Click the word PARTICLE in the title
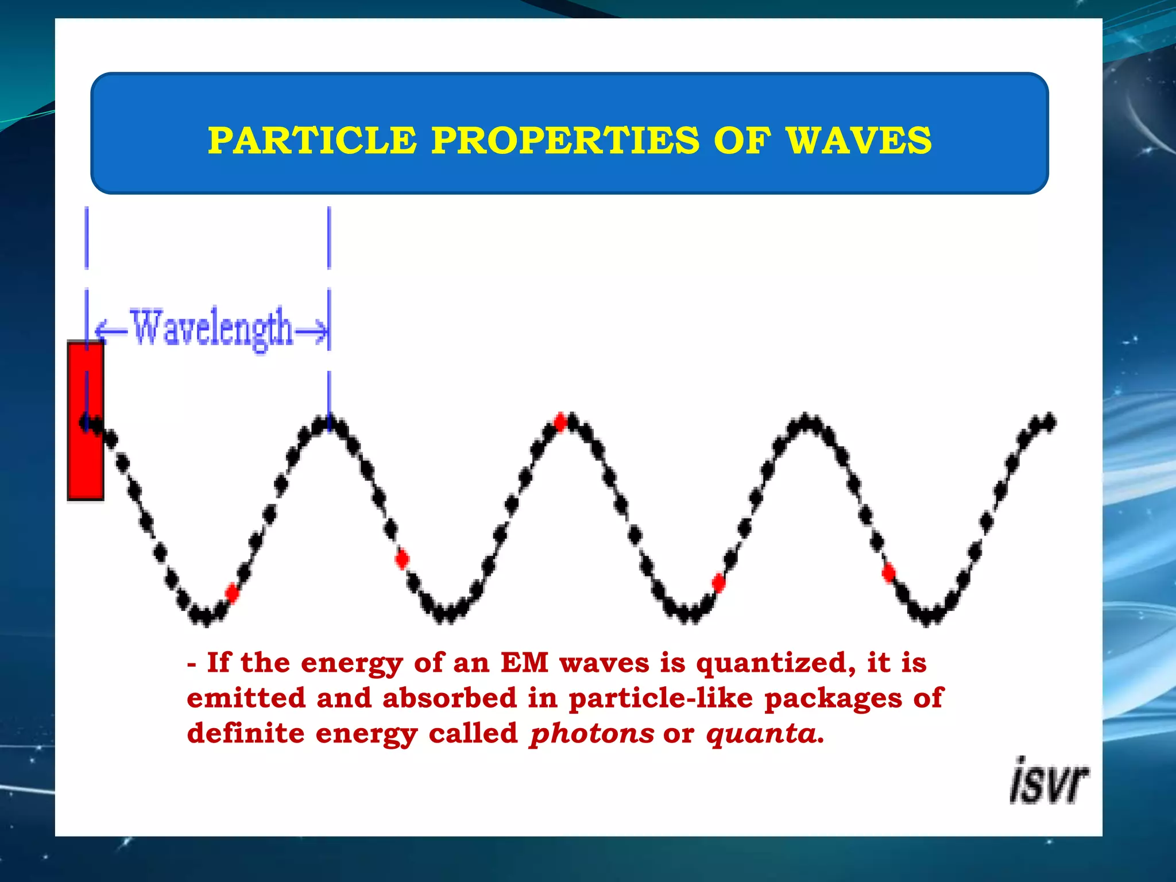click(x=312, y=141)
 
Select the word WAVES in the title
click(x=858, y=141)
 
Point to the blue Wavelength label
click(x=211, y=328)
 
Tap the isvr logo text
click(x=1049, y=782)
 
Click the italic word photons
click(x=591, y=734)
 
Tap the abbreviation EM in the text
click(x=524, y=663)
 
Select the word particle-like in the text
click(x=660, y=699)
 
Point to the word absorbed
click(x=450, y=698)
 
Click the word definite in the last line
click(x=246, y=734)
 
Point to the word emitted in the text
click(x=246, y=698)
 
